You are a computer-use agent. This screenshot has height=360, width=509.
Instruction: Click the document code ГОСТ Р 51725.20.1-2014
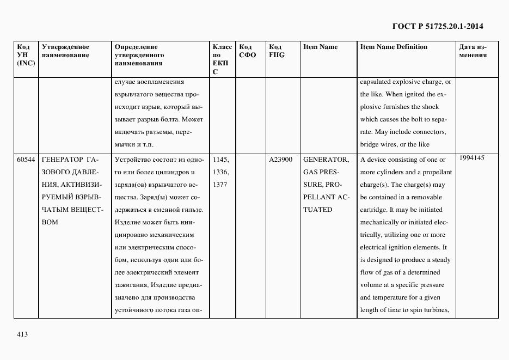438,26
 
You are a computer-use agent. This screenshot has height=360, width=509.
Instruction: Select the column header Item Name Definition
394,47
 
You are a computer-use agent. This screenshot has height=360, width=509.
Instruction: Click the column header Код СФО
247,51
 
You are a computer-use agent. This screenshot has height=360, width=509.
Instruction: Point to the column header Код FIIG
277,51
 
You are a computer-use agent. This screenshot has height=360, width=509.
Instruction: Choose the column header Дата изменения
473,51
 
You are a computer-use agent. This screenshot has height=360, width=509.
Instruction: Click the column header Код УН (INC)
26,55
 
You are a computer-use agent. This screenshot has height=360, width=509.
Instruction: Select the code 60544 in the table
26,160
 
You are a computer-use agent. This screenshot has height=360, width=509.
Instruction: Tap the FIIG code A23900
281,160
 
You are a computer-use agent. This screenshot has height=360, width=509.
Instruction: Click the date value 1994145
471,158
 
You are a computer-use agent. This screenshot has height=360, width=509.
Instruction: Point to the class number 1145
220,160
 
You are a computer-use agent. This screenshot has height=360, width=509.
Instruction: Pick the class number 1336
220,173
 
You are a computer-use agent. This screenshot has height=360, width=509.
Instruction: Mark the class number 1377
220,185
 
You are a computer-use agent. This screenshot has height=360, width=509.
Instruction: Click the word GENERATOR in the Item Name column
326,160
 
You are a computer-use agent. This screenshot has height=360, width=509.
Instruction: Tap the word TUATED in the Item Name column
317,210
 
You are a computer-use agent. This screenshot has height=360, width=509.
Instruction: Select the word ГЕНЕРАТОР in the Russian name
60,160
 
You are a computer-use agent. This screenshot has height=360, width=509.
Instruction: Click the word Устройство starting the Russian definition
132,160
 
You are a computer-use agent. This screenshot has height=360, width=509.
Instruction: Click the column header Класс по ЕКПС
222,59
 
